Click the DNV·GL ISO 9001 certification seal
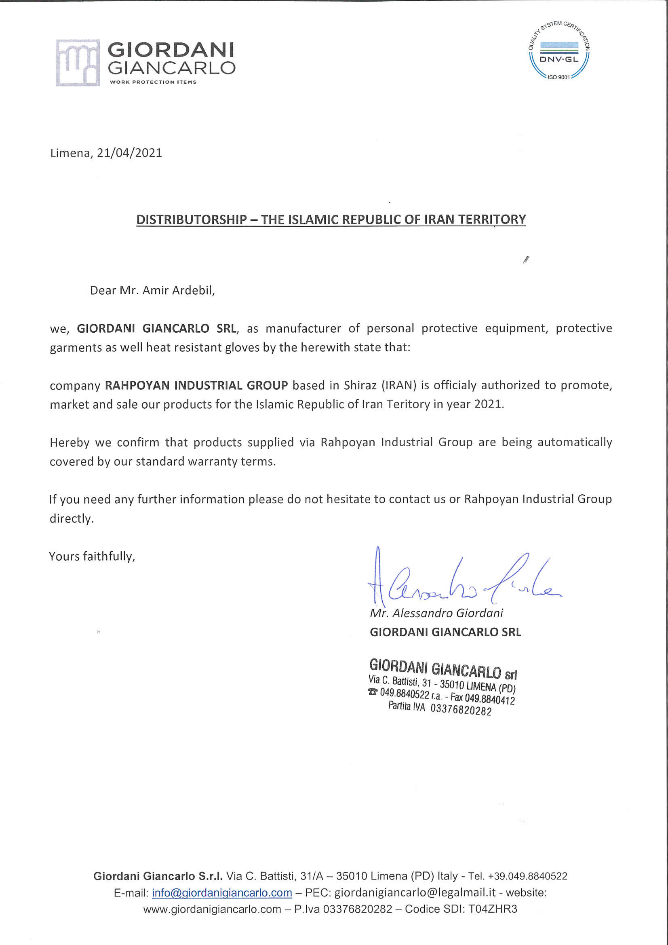tap(559, 50)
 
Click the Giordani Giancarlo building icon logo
tap(78, 63)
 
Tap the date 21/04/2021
tap(129, 153)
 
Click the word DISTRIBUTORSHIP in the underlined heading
tap(192, 219)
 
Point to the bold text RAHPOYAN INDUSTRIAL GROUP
tap(196, 385)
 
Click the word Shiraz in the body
tap(360, 385)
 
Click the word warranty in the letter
tap(214, 462)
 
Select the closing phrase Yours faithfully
tap(92, 557)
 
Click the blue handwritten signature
tap(461, 580)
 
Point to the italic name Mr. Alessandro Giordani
tap(436, 613)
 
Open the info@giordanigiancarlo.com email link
tap(222, 893)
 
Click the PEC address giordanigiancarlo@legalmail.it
tap(415, 893)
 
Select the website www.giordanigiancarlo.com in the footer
tap(212, 909)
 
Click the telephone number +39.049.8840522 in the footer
tap(528, 876)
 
